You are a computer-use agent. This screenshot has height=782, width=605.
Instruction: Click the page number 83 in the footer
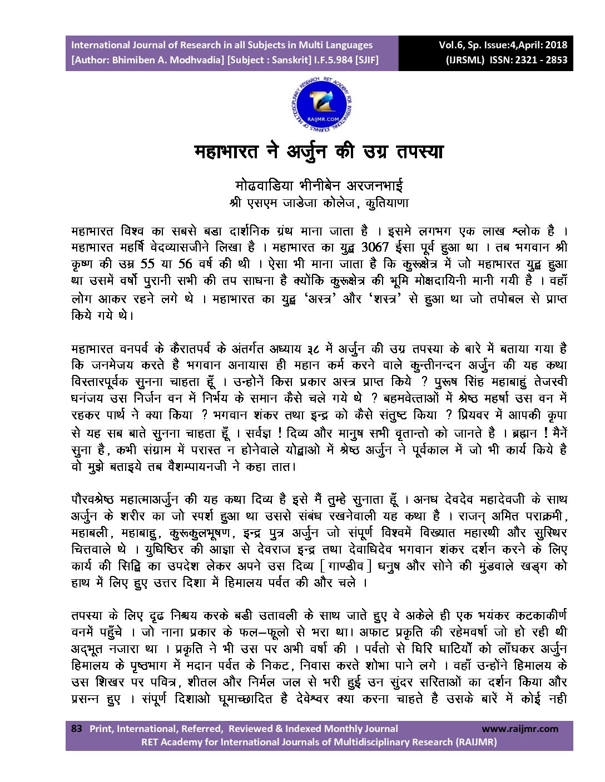(x=77, y=729)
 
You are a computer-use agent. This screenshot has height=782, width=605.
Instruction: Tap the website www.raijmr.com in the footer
(x=519, y=729)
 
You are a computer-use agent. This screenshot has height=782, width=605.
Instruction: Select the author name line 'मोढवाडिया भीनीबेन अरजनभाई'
(x=319, y=185)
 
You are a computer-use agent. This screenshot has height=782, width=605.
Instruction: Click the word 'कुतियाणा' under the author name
(x=387, y=203)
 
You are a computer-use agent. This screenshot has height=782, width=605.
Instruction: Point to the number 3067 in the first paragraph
(x=375, y=247)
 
